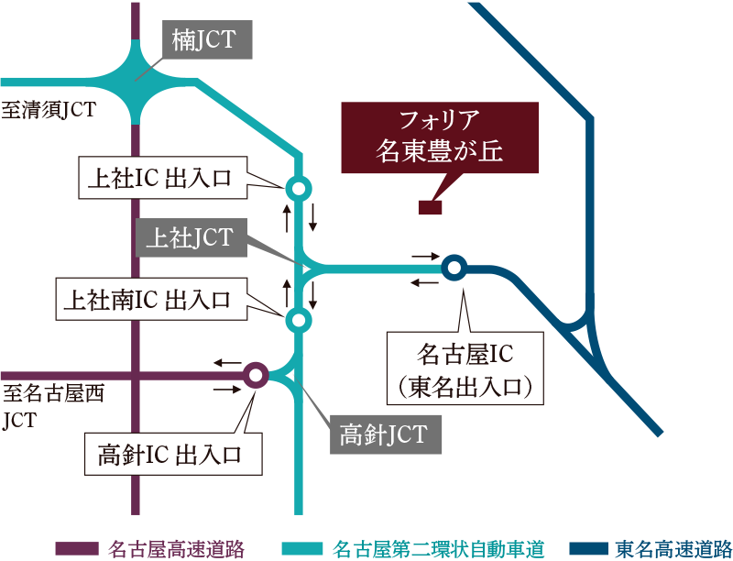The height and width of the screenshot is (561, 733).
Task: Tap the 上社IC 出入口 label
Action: [159, 178]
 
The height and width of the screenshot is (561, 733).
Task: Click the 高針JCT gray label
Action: [384, 434]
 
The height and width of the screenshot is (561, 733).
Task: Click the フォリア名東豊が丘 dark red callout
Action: [440, 137]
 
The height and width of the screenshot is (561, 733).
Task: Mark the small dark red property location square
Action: [431, 208]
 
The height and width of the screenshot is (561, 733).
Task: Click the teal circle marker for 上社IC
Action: [298, 188]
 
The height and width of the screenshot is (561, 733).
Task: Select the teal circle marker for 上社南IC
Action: [298, 320]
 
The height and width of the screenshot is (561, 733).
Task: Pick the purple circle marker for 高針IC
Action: [256, 374]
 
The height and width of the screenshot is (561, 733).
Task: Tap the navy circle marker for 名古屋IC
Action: [454, 268]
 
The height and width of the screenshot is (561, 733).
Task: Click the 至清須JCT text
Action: [49, 111]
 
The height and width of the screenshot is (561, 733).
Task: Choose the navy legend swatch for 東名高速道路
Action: [586, 549]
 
